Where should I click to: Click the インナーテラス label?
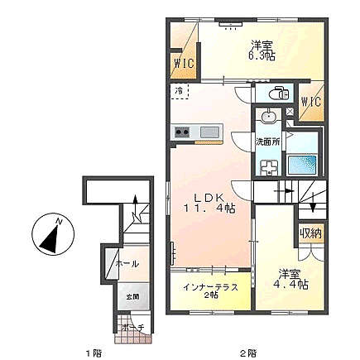click(211, 287)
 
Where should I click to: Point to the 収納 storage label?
click(310, 235)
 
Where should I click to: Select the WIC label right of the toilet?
click(310, 102)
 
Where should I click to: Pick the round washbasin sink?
click(269, 118)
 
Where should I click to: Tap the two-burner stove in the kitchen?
click(183, 132)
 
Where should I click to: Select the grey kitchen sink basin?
click(209, 132)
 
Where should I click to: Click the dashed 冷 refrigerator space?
click(179, 92)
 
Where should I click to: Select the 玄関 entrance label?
click(132, 295)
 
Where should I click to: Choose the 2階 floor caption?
click(246, 351)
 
